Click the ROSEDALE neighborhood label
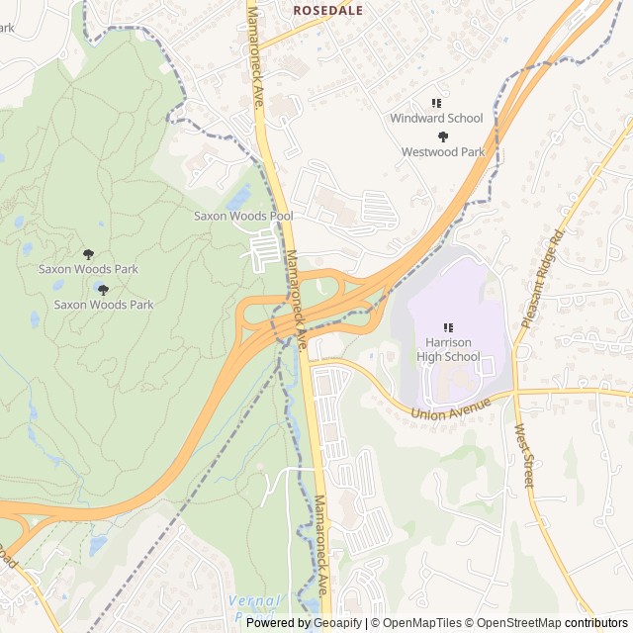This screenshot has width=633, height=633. pos(327,11)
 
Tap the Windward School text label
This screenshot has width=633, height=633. pos(436,118)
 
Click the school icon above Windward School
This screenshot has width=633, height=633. pos(436,102)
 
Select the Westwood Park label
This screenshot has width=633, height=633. pos(443,152)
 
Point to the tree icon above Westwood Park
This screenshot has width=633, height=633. pos(443,136)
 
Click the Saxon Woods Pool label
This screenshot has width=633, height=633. pos(243,216)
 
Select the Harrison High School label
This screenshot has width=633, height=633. pos(448,349)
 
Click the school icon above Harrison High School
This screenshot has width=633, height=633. pos(448,327)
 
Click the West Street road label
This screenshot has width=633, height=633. pos(523,455)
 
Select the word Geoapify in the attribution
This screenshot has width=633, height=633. pos(335,623)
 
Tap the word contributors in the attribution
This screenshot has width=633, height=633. pos(596,623)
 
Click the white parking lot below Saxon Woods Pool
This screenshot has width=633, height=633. pos(265,248)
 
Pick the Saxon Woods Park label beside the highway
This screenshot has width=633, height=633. pos(104,305)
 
